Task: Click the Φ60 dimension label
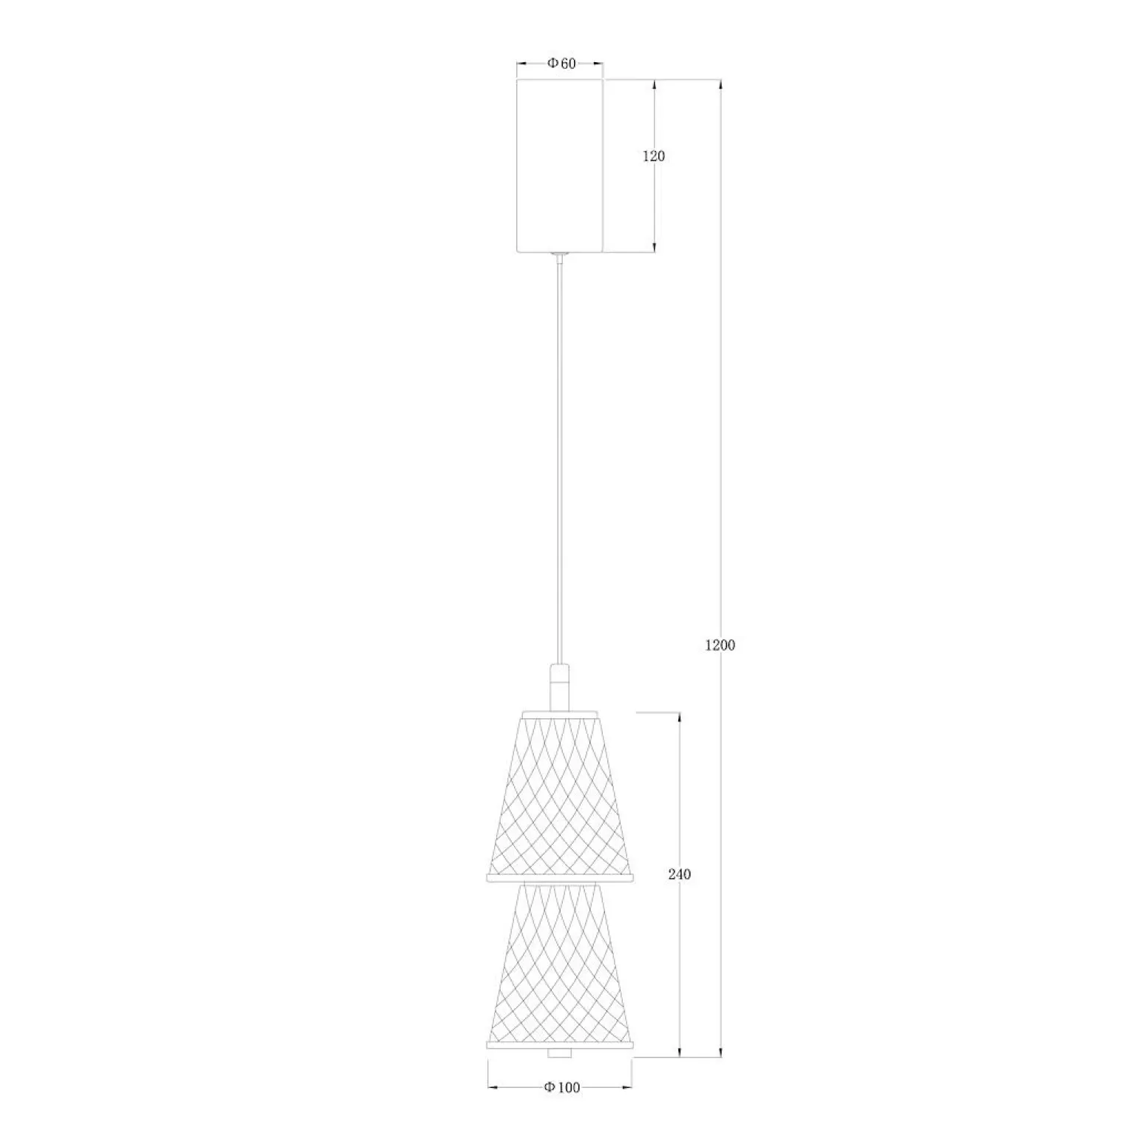click(561, 64)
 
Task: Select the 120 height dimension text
click(654, 156)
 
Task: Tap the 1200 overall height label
click(720, 645)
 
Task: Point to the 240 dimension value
click(679, 874)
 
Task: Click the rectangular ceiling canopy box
click(560, 165)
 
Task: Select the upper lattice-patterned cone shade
click(560, 797)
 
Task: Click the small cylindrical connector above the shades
click(560, 688)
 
